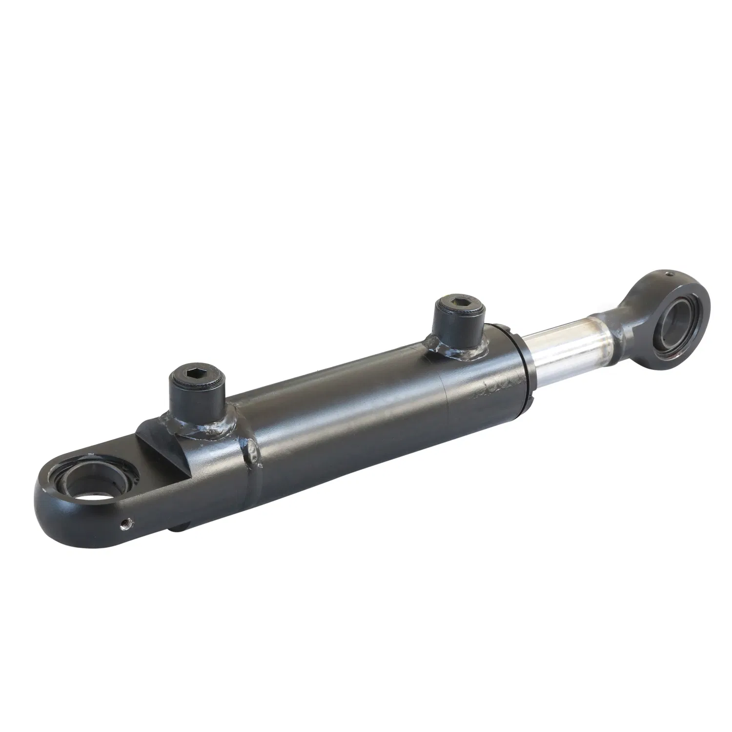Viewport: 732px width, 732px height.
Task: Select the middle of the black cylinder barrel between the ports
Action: pyautogui.click(x=342, y=415)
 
